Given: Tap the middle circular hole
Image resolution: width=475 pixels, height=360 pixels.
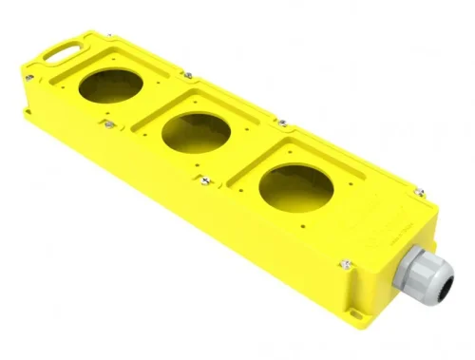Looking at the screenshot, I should pyautogui.click(x=196, y=132).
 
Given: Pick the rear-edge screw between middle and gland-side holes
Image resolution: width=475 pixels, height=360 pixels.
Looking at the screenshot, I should pyautogui.click(x=282, y=122).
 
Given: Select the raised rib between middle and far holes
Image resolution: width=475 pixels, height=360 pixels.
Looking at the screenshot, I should pyautogui.click(x=152, y=108).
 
